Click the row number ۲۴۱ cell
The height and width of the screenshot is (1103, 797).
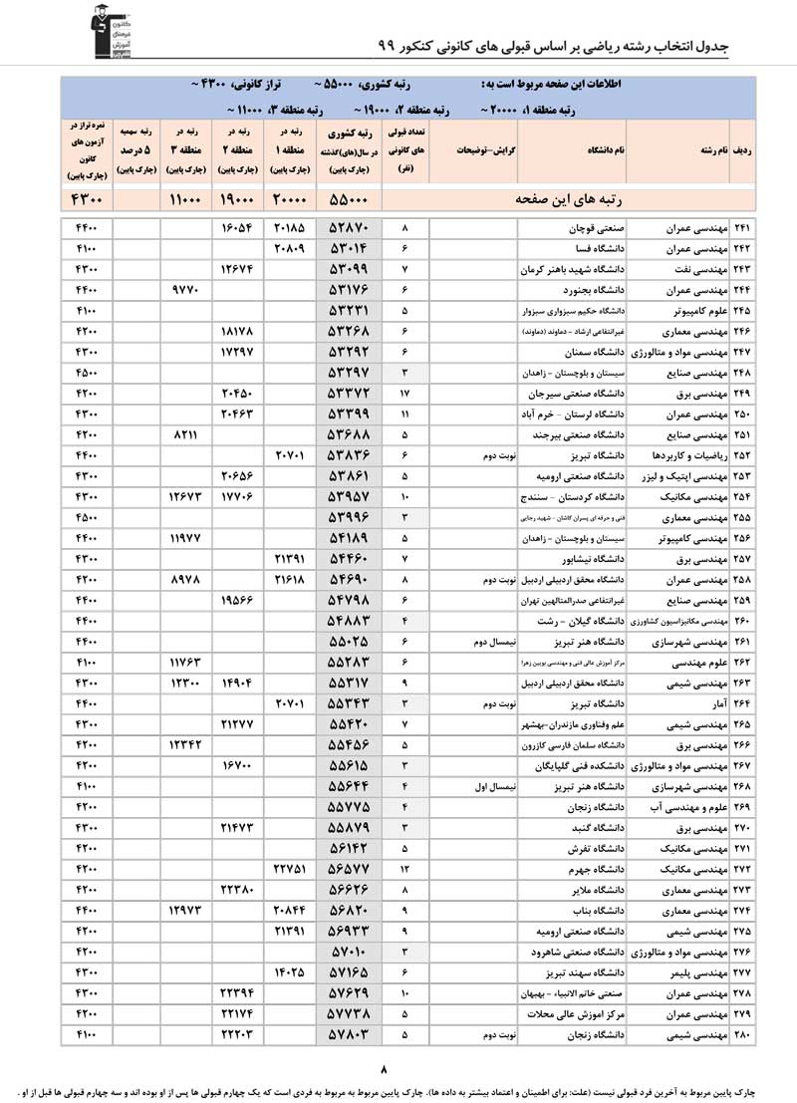(742, 228)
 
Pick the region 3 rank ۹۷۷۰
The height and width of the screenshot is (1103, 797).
(186, 290)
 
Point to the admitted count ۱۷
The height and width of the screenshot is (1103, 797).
(404, 394)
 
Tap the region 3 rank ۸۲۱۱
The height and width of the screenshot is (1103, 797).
(186, 435)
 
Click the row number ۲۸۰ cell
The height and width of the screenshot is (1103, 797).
(742, 1035)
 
